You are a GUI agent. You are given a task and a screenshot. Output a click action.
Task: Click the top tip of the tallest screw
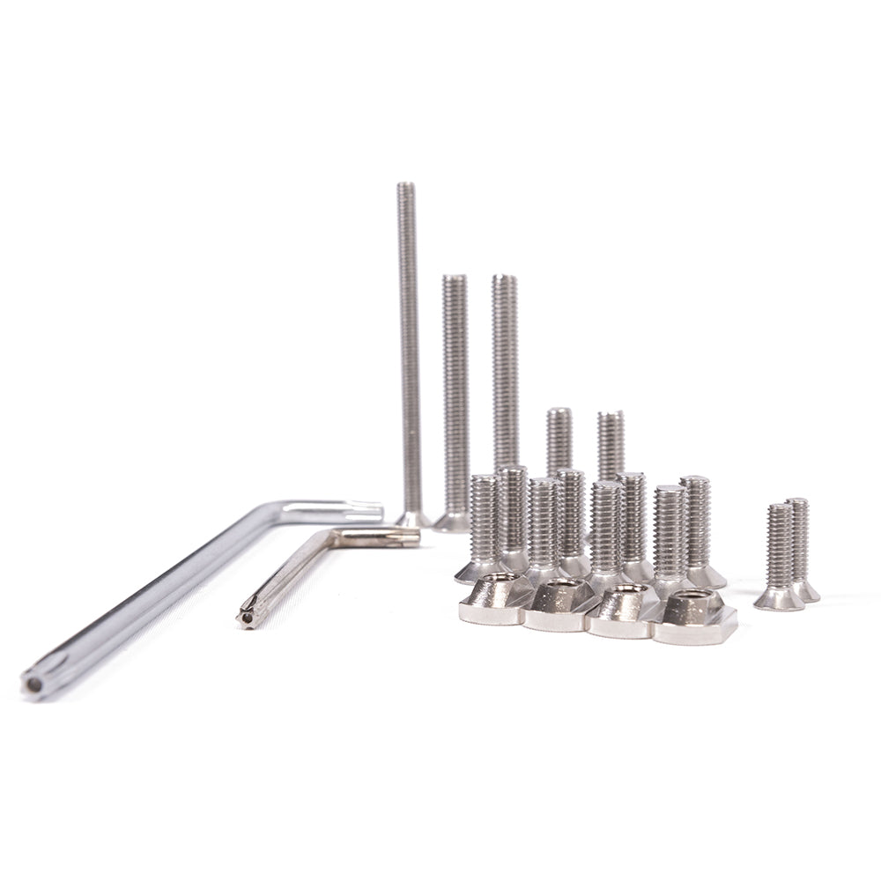pyautogui.click(x=405, y=186)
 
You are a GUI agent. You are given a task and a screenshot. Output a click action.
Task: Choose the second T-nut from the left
pyautogui.click(x=561, y=606)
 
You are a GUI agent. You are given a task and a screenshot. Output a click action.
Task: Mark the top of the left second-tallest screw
pyautogui.click(x=455, y=278)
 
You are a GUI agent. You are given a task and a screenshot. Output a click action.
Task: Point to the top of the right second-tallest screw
pyautogui.click(x=505, y=278)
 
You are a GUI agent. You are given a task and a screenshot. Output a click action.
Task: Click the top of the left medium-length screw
pyautogui.click(x=559, y=411)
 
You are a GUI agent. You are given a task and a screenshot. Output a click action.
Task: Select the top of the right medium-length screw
pyautogui.click(x=611, y=414)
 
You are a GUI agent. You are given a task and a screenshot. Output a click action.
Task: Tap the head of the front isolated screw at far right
pyautogui.click(x=778, y=599)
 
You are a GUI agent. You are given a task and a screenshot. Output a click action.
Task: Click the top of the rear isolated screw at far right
pyautogui.click(x=797, y=501)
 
